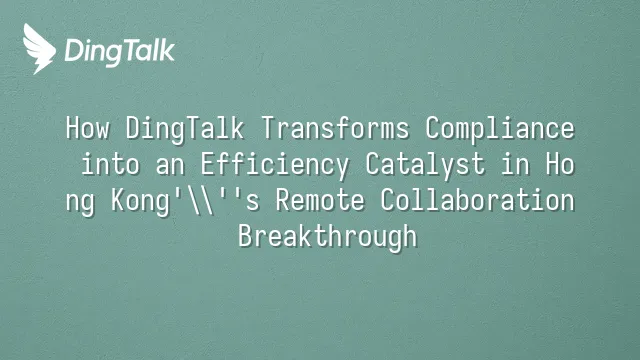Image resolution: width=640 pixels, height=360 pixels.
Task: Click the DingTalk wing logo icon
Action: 39,49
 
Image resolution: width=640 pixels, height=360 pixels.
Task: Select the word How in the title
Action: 87,128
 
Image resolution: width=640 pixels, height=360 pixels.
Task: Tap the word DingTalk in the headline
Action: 185,129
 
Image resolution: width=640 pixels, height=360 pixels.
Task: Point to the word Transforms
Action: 335,128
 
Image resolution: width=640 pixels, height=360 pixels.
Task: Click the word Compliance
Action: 500,129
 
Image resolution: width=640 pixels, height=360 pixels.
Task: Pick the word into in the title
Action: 111,164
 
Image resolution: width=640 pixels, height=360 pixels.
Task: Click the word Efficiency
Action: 275,165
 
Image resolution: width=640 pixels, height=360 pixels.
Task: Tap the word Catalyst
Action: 425,165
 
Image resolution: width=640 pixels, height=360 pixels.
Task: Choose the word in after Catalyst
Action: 516,164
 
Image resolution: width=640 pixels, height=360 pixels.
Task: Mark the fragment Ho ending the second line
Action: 560,164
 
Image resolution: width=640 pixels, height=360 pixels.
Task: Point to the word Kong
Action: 140,201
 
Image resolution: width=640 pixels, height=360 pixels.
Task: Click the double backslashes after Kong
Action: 201,200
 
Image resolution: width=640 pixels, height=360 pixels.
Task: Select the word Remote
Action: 320,200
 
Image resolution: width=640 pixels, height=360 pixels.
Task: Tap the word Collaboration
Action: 478,200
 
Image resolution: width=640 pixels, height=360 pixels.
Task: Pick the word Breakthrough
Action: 327,237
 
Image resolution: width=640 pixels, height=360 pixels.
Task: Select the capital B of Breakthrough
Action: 246,236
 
